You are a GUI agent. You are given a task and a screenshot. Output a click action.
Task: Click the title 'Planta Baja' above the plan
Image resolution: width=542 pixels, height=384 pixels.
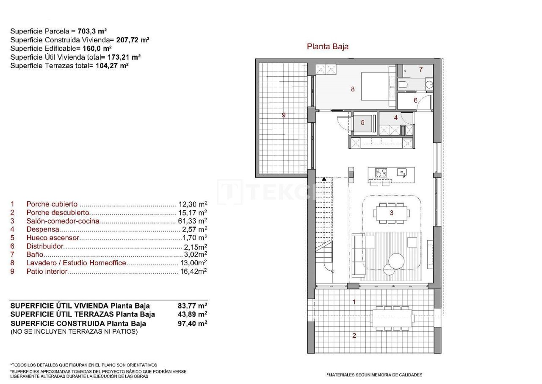(x=327, y=47)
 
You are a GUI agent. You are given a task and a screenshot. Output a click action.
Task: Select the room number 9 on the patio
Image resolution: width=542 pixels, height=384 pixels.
(x=284, y=115)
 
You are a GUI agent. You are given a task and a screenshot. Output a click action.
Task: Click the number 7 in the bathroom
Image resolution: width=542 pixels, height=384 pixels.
(x=420, y=70)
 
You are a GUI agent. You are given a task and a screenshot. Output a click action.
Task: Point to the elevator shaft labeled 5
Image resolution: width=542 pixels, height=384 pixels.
(x=362, y=122)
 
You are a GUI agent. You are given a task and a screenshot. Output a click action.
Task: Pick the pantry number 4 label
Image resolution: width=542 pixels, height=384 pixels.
(x=396, y=117)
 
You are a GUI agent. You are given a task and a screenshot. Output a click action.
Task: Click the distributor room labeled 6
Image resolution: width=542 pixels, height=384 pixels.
(x=415, y=100)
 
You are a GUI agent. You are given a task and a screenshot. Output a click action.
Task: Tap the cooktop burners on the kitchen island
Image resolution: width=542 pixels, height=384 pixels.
(x=381, y=173)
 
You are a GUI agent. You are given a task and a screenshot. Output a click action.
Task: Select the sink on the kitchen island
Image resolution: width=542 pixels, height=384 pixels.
(x=402, y=172)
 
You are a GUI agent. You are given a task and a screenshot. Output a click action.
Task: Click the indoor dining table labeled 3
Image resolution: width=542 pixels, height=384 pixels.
(x=392, y=213)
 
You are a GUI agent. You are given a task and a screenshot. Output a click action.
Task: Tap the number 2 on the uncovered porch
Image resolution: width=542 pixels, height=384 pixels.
(x=354, y=336)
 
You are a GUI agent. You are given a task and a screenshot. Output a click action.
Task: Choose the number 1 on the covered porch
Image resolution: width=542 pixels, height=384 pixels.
(x=354, y=302)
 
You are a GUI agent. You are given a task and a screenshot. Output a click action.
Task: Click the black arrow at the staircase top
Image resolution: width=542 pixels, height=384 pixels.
(x=324, y=180)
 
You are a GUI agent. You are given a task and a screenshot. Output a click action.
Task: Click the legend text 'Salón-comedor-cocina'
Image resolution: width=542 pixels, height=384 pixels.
(x=63, y=221)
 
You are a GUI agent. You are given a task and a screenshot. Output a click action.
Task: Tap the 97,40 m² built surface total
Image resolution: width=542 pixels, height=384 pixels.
(x=193, y=323)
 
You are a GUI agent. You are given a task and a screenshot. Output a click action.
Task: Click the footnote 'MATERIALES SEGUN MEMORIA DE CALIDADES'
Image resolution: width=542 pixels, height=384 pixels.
(x=374, y=375)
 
